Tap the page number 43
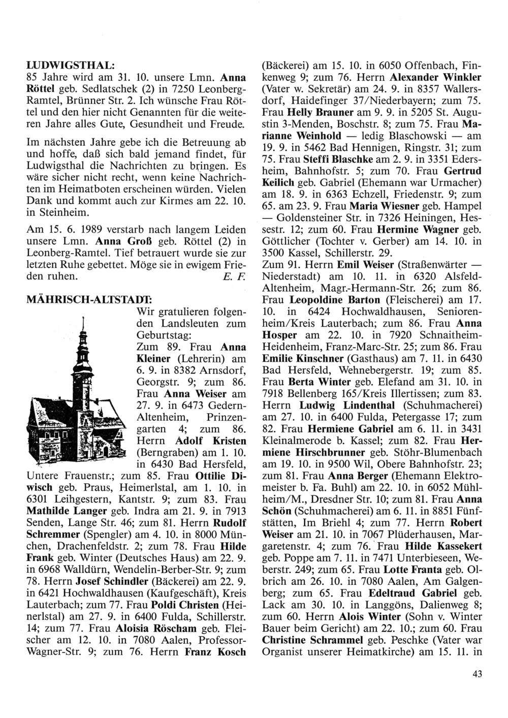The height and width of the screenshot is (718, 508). pyautogui.click(x=476, y=674)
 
